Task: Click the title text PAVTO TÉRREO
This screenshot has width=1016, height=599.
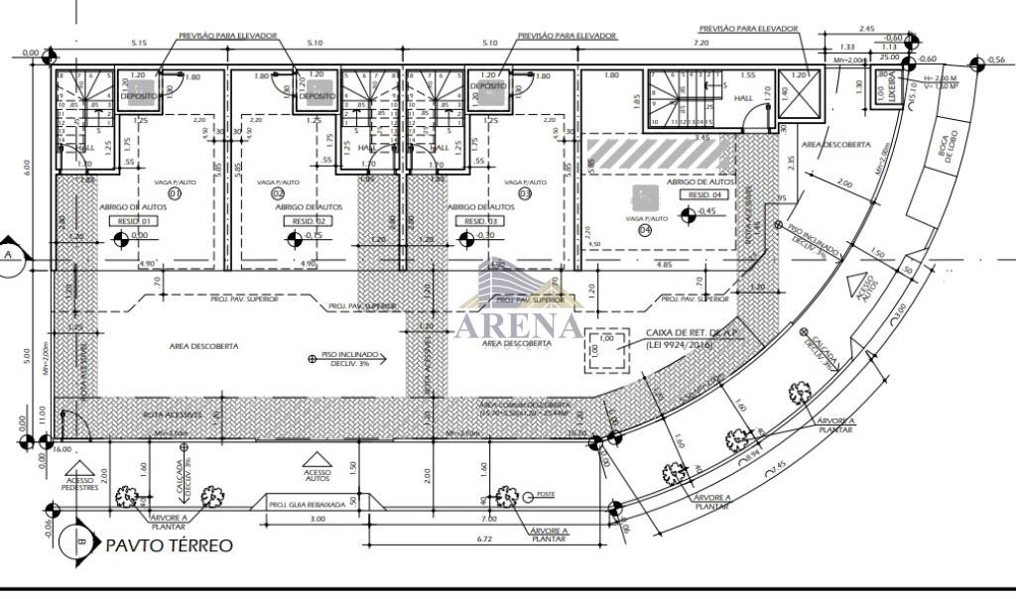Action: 170,544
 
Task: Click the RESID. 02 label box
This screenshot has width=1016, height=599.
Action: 307,220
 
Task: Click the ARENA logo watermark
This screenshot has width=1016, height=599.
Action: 518,323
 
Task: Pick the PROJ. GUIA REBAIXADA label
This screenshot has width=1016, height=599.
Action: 308,505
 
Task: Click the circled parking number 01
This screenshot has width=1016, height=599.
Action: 176,194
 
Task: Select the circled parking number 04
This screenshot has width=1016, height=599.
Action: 646,230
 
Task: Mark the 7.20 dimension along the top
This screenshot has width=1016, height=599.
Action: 701,44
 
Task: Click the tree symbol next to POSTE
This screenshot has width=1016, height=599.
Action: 507,494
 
